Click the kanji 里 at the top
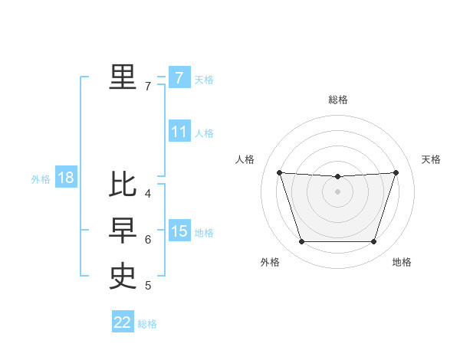[123, 77]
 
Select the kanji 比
[123, 185]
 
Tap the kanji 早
[123, 230]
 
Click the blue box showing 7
[179, 78]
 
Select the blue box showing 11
[179, 132]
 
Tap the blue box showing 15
[179, 231]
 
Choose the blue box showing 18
[65, 178]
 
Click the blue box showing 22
[123, 322]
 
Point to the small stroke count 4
[148, 193]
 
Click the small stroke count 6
[148, 240]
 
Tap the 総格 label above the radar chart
[338, 100]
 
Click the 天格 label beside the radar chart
[432, 159]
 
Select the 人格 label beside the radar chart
[245, 159]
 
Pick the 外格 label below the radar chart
[270, 263]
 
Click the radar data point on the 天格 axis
[396, 172]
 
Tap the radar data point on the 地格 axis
[373, 242]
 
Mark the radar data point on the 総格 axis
[337, 177]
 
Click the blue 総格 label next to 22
[147, 324]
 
